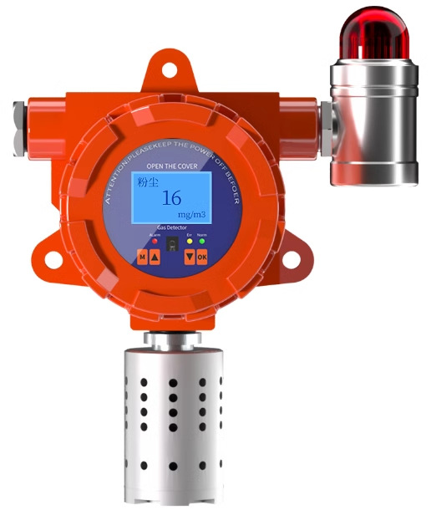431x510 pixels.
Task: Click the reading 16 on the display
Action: (171, 198)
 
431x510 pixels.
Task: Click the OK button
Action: (201, 257)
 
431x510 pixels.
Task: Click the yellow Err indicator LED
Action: (190, 242)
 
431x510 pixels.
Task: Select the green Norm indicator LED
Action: (201, 242)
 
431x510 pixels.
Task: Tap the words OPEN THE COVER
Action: (171, 166)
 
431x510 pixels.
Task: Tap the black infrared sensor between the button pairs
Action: (171, 248)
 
